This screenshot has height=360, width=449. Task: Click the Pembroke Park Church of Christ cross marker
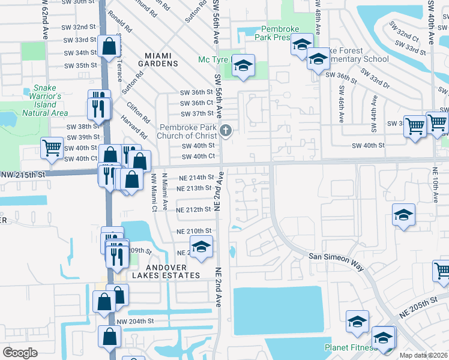tap(226, 131)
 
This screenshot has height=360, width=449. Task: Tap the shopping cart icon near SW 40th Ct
tap(52, 147)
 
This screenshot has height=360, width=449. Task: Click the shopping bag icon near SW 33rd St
tap(109, 46)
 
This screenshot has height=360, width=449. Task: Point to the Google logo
tap(20, 352)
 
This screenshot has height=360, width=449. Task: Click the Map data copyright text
tap(424, 355)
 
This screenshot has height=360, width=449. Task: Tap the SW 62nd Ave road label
tap(45, 21)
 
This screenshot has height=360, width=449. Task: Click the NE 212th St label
tap(195, 210)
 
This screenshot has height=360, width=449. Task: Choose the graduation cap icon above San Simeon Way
tap(403, 215)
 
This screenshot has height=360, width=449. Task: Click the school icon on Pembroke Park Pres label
tap(302, 44)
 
